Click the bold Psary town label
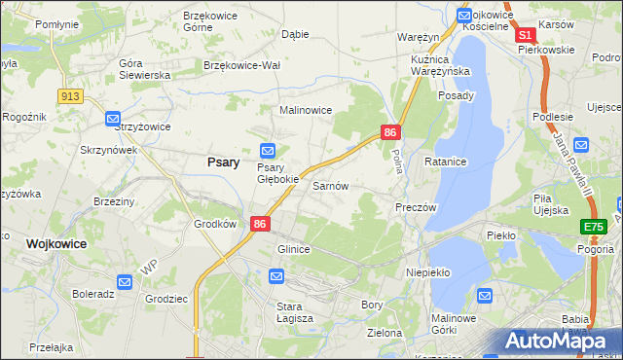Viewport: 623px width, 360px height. pos(223,162)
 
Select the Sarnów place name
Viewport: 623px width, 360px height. pos(330,185)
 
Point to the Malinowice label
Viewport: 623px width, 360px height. pos(307,111)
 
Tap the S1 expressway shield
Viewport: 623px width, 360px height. pos(526,34)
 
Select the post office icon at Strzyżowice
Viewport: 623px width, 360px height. pos(112,119)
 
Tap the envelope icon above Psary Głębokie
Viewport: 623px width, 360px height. pos(268,150)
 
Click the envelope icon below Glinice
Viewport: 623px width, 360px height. pos(276,277)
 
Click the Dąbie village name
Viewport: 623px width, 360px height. pos(294,34)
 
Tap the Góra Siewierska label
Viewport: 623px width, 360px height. pos(144,69)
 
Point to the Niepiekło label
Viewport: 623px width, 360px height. pos(427,272)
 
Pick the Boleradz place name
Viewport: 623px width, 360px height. pos(93,293)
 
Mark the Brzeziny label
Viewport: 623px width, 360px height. pos(115,200)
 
